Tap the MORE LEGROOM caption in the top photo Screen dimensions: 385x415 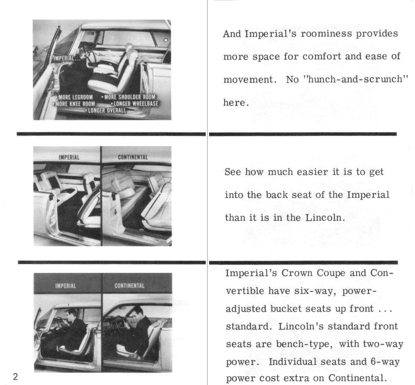pyautogui.click(x=75, y=97)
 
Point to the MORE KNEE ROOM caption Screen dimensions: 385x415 pyautogui.click(x=74, y=104)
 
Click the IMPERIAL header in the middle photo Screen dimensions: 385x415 pyautogui.click(x=69, y=157)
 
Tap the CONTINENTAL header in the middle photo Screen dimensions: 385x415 pyautogui.click(x=133, y=157)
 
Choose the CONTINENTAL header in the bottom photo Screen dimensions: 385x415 pyautogui.click(x=129, y=285)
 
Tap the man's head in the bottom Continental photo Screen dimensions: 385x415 pyautogui.click(x=137, y=310)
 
